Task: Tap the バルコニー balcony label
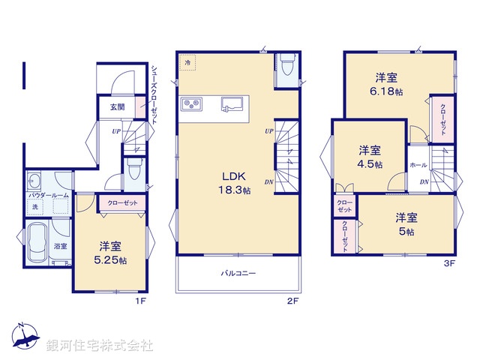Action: tap(238, 273)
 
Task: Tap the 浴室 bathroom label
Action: tap(60, 245)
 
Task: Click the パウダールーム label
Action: tap(49, 195)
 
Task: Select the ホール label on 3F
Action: tap(418, 165)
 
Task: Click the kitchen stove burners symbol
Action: tap(190, 103)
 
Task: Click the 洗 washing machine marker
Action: tap(34, 206)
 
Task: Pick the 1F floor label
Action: tap(139, 301)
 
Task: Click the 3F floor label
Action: tap(448, 263)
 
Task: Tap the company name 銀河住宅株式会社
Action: tap(99, 346)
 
